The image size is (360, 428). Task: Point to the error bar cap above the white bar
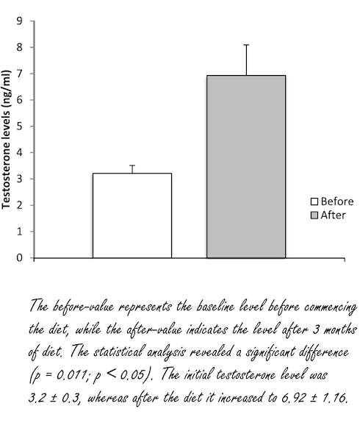[x=132, y=165]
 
